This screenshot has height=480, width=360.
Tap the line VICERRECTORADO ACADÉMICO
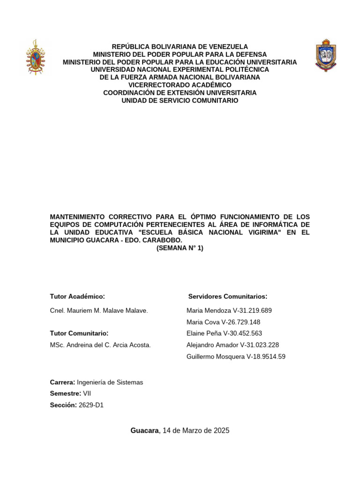tap(180, 85)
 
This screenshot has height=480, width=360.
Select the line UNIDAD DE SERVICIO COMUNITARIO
tap(180, 100)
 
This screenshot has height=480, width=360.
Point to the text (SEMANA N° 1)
tap(180, 248)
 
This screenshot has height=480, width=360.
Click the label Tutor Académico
tap(77, 296)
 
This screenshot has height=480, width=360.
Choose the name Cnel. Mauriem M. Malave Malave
tap(99, 310)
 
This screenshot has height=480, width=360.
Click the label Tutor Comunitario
tap(79, 333)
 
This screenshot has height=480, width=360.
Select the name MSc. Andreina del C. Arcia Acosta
tap(100, 345)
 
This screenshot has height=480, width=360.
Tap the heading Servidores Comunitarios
tap(228, 296)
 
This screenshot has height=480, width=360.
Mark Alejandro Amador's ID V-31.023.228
tap(259, 345)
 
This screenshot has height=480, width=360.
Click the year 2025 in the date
tap(221, 430)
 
